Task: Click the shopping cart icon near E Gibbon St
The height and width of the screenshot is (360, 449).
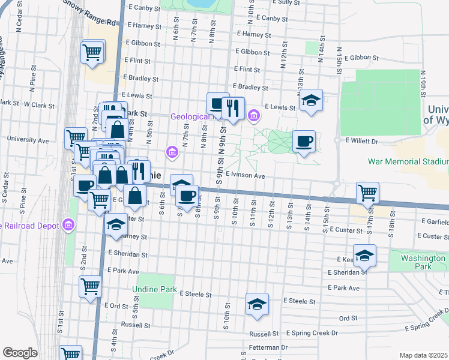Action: point(93,52)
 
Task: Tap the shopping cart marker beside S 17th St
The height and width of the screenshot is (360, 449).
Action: point(367,193)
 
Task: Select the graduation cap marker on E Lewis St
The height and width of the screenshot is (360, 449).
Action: point(311,100)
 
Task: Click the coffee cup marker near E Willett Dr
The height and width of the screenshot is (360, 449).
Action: point(304,142)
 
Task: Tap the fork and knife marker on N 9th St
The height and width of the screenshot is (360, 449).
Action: point(234,108)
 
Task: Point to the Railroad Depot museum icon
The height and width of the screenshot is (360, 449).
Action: point(69,226)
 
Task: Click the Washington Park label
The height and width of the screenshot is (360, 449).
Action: point(418,262)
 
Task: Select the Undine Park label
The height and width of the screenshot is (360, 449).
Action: point(155,289)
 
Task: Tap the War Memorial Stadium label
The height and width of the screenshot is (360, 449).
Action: point(408,162)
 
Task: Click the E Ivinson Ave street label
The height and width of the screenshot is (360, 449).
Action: point(246,176)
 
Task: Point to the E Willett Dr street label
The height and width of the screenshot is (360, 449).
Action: point(363,142)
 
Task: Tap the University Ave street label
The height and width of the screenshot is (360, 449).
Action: point(28,139)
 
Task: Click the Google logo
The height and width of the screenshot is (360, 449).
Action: point(20,352)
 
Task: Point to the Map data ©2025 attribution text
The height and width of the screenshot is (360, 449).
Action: point(423,355)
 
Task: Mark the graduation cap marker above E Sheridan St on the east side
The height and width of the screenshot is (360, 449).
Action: point(364,256)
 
